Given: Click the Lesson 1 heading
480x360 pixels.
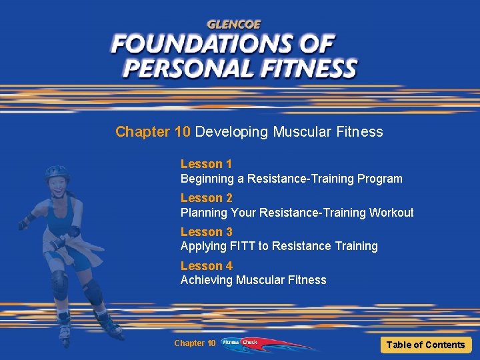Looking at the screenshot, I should [206, 164].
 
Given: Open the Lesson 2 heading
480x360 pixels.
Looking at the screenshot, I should [206, 198].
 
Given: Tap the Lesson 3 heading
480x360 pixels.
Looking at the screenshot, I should [206, 232].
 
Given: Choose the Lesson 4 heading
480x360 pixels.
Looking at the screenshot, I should [206, 266].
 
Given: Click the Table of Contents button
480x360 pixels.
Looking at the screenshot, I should [425, 345].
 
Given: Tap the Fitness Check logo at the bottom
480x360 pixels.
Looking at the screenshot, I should [239, 343].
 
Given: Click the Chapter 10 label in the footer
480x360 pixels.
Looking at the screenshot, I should [195, 343].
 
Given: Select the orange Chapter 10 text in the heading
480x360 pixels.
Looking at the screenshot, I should [153, 132].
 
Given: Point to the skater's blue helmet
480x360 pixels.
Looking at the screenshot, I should [57, 173].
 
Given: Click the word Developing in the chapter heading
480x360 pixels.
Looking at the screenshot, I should [231, 132].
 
